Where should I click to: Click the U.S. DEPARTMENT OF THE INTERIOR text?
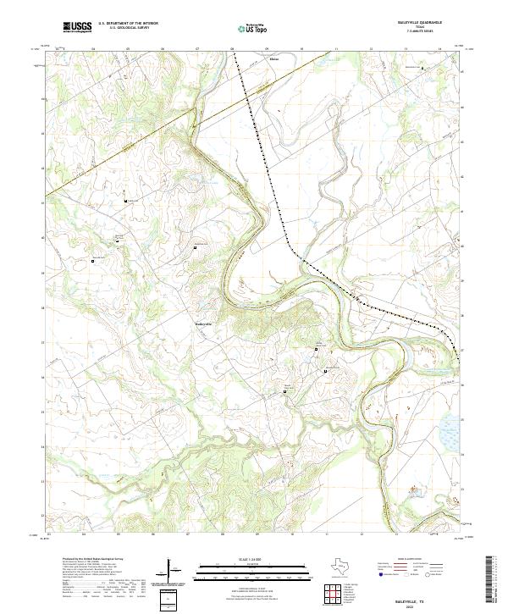click(127, 24)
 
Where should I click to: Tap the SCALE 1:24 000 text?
click(253, 560)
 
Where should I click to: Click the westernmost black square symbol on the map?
click(93, 262)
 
